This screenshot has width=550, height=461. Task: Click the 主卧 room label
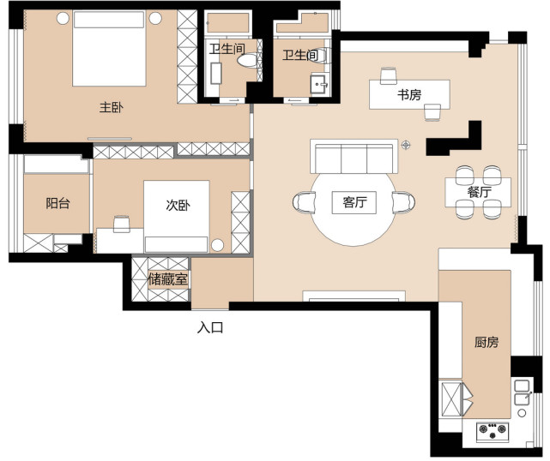pos(112,108)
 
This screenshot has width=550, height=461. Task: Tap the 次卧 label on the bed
pos(178,205)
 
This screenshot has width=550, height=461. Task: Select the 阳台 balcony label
pos(57,203)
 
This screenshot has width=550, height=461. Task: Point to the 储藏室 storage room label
pos(167,279)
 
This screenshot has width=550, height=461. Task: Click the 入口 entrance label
pos(210,328)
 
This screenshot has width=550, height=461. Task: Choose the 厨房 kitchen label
pos(487,342)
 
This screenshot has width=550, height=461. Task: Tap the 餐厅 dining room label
pos(479,192)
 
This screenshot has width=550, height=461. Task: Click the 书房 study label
pos(409,94)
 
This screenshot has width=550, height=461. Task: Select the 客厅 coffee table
pos(354,202)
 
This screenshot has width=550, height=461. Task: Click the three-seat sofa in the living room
pos(354,156)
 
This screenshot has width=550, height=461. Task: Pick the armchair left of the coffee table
pos(304,202)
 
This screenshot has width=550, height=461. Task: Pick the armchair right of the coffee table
pos(404,202)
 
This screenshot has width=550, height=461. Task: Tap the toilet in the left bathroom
pos(247,60)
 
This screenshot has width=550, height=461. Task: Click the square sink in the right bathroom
pos(318,84)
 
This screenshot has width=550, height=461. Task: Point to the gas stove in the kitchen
pos(493,431)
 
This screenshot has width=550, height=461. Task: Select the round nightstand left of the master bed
pos(63,18)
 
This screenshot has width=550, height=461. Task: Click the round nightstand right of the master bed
pos(155,18)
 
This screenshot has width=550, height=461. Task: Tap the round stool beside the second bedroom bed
pos(217,245)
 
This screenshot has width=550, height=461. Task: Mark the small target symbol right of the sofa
pos(406,144)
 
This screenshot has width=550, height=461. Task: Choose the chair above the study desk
pos(389,75)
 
